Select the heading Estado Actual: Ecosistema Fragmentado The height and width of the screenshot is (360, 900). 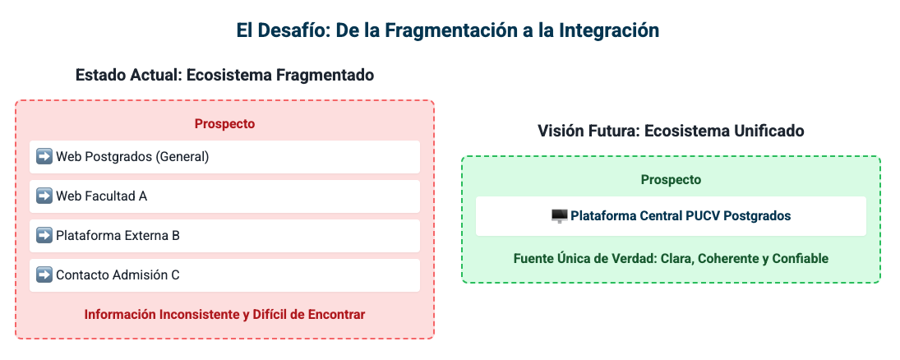(225, 76)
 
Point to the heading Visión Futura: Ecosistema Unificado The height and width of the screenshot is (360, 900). (671, 131)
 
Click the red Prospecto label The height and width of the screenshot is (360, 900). (224, 124)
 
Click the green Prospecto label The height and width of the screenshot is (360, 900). (671, 180)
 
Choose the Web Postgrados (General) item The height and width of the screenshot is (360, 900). (224, 157)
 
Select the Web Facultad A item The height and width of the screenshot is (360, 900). (224, 196)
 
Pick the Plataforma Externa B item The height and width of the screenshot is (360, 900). (224, 235)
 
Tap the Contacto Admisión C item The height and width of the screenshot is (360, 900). (224, 275)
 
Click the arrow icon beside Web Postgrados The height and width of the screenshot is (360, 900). (44, 156)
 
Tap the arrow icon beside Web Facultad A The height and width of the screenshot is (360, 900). (44, 196)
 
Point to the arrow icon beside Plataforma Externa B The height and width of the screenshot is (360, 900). (44, 235)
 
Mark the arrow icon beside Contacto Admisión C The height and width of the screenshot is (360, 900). (44, 275)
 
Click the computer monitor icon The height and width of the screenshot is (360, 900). (559, 216)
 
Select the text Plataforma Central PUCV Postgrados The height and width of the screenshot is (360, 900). (681, 216)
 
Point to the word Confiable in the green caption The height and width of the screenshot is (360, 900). (800, 258)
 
